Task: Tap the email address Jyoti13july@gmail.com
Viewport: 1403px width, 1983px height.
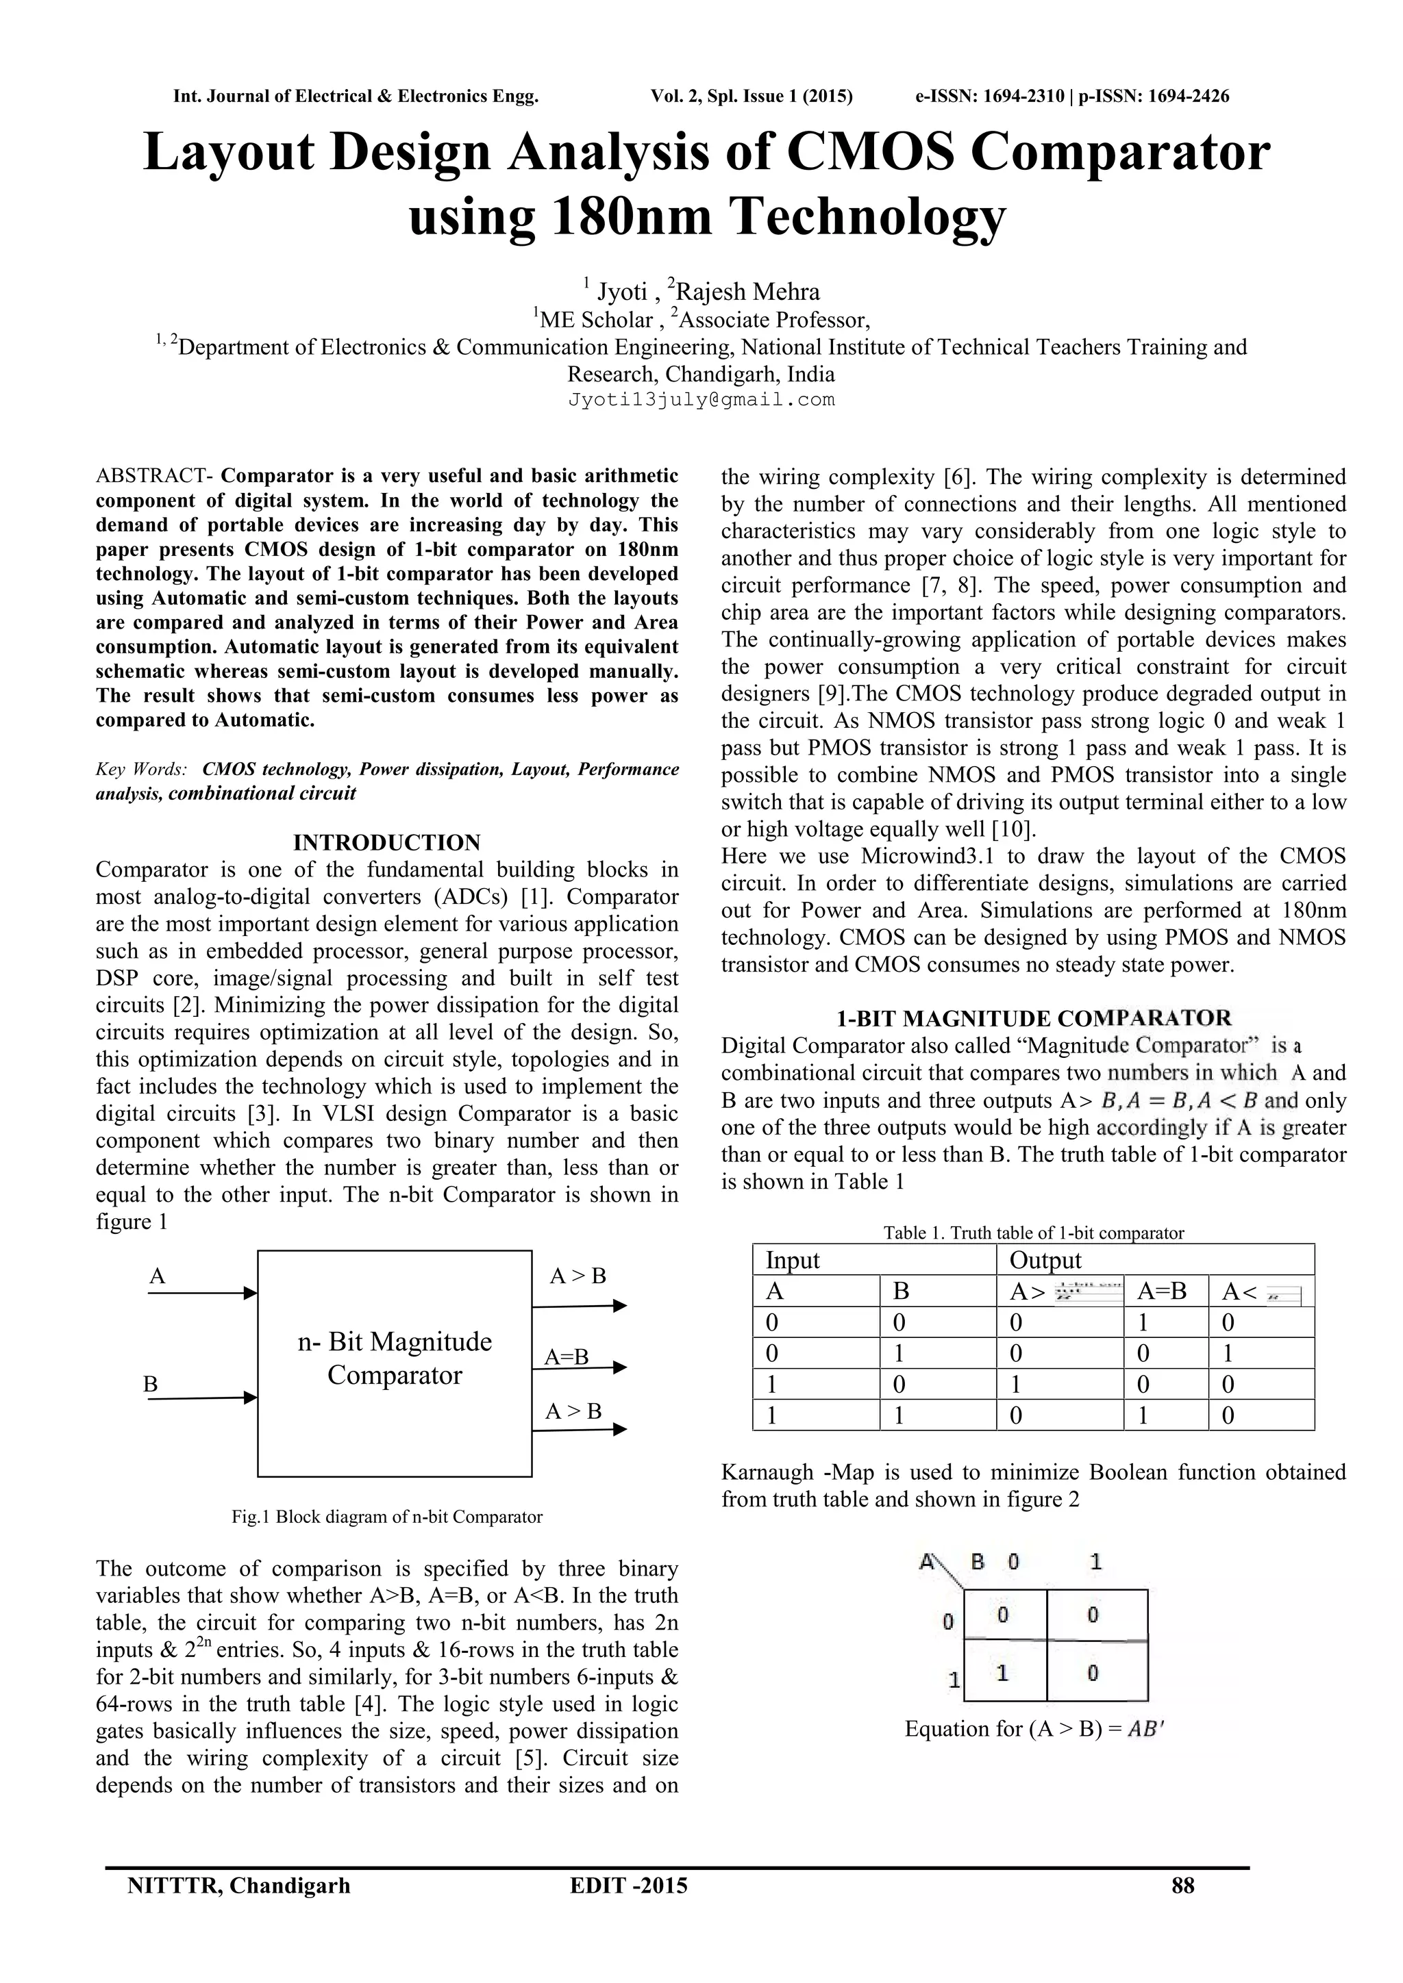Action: pyautogui.click(x=701, y=400)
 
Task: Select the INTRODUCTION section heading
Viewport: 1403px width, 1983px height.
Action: pyautogui.click(x=387, y=842)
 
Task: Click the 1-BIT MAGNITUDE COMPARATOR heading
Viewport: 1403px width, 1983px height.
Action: pyautogui.click(x=1033, y=1018)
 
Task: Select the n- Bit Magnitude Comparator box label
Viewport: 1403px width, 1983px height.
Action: pyautogui.click(x=395, y=1358)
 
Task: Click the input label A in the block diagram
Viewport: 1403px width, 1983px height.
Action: pyautogui.click(x=158, y=1276)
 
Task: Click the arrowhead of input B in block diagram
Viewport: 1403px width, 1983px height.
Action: pyautogui.click(x=251, y=1398)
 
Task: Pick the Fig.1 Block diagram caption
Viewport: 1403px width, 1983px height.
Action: pyautogui.click(x=387, y=1517)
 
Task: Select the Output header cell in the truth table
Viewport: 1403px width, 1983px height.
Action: pyautogui.click(x=1045, y=1260)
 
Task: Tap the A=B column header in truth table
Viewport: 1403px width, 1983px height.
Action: pyautogui.click(x=1161, y=1291)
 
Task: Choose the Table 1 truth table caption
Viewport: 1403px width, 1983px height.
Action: pyautogui.click(x=1033, y=1233)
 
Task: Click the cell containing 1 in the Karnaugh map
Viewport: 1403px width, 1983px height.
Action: pyautogui.click(x=1002, y=1673)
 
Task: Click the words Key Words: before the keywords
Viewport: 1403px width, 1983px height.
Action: pyautogui.click(x=142, y=769)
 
